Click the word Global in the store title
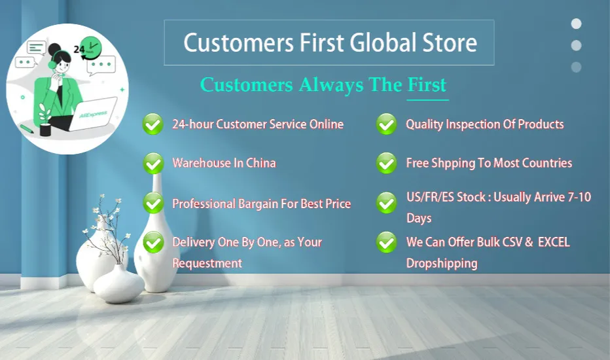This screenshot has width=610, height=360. tap(383, 42)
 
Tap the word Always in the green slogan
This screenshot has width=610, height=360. tap(331, 85)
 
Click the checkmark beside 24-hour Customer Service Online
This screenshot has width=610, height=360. tap(153, 124)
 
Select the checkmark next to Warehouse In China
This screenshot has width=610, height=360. tap(153, 164)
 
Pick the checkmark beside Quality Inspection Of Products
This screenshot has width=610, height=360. tap(386, 124)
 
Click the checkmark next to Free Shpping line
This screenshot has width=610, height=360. tap(386, 163)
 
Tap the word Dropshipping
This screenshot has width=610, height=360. tap(442, 264)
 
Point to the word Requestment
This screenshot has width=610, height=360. tap(207, 264)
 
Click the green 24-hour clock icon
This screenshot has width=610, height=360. tap(91, 48)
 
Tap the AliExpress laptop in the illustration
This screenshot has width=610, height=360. tap(93, 114)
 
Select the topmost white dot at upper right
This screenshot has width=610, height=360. tap(576, 24)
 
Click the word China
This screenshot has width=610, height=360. tap(261, 163)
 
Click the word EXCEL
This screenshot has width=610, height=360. tap(554, 242)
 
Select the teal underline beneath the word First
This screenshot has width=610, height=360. tap(428, 100)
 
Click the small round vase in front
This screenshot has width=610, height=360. tap(119, 284)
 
